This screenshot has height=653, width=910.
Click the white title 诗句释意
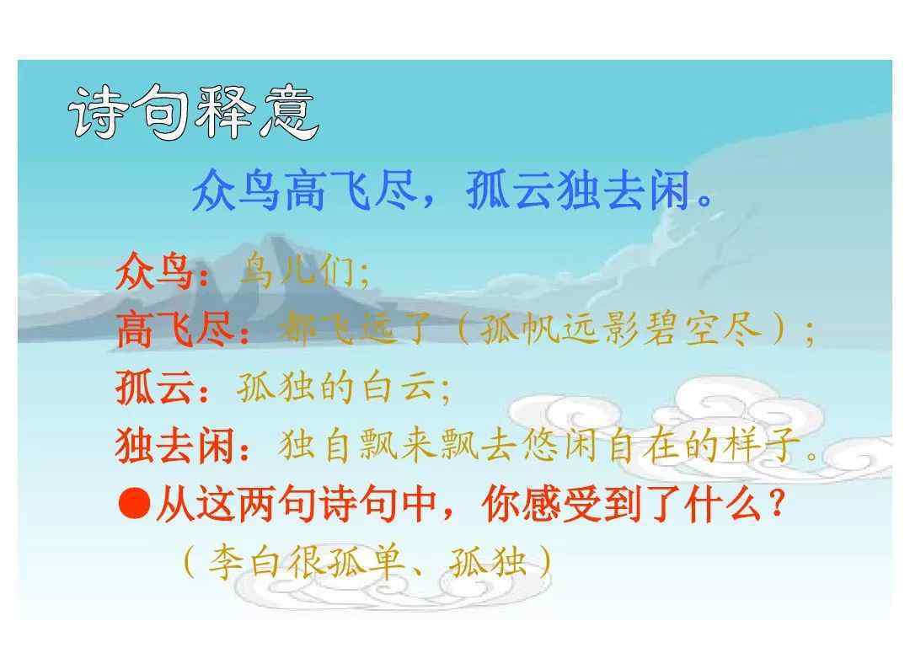tap(194, 112)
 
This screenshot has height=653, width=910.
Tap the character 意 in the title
tap(291, 113)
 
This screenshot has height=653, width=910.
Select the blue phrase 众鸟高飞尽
tap(304, 190)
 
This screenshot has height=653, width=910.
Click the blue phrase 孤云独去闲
tap(578, 190)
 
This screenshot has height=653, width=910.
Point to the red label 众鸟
tap(154, 270)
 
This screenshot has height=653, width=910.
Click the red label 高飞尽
tap(175, 329)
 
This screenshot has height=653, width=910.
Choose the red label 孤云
tap(154, 387)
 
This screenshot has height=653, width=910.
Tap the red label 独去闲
tap(175, 446)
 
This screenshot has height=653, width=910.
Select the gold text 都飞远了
tap(354, 329)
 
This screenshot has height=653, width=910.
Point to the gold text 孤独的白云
tap(336, 387)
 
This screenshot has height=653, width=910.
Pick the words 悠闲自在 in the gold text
tap(601, 446)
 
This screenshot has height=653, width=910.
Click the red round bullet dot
tap(135, 502)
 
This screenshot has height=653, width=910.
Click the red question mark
tap(775, 504)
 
